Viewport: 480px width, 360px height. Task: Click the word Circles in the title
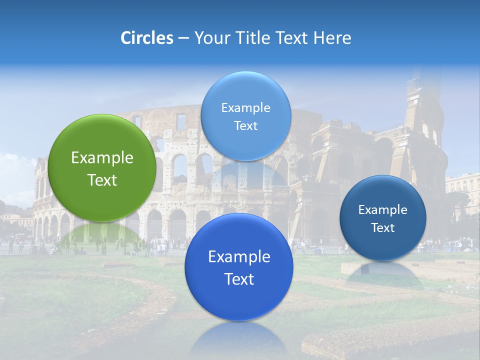(x=146, y=38)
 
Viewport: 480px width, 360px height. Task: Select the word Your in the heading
(x=211, y=38)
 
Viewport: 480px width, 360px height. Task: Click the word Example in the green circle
(x=102, y=158)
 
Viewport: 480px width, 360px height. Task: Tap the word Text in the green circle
(x=102, y=180)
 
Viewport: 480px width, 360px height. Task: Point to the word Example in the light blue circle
(x=245, y=107)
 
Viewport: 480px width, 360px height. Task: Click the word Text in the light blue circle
(x=245, y=125)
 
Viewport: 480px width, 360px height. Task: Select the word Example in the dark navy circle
(x=383, y=209)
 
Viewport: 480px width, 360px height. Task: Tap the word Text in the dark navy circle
(x=383, y=227)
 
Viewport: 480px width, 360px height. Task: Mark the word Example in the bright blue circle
(x=239, y=257)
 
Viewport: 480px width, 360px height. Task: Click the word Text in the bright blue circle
(x=239, y=279)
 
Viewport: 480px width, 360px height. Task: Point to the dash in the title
(x=183, y=38)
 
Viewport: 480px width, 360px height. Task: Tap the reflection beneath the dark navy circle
(x=383, y=272)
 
